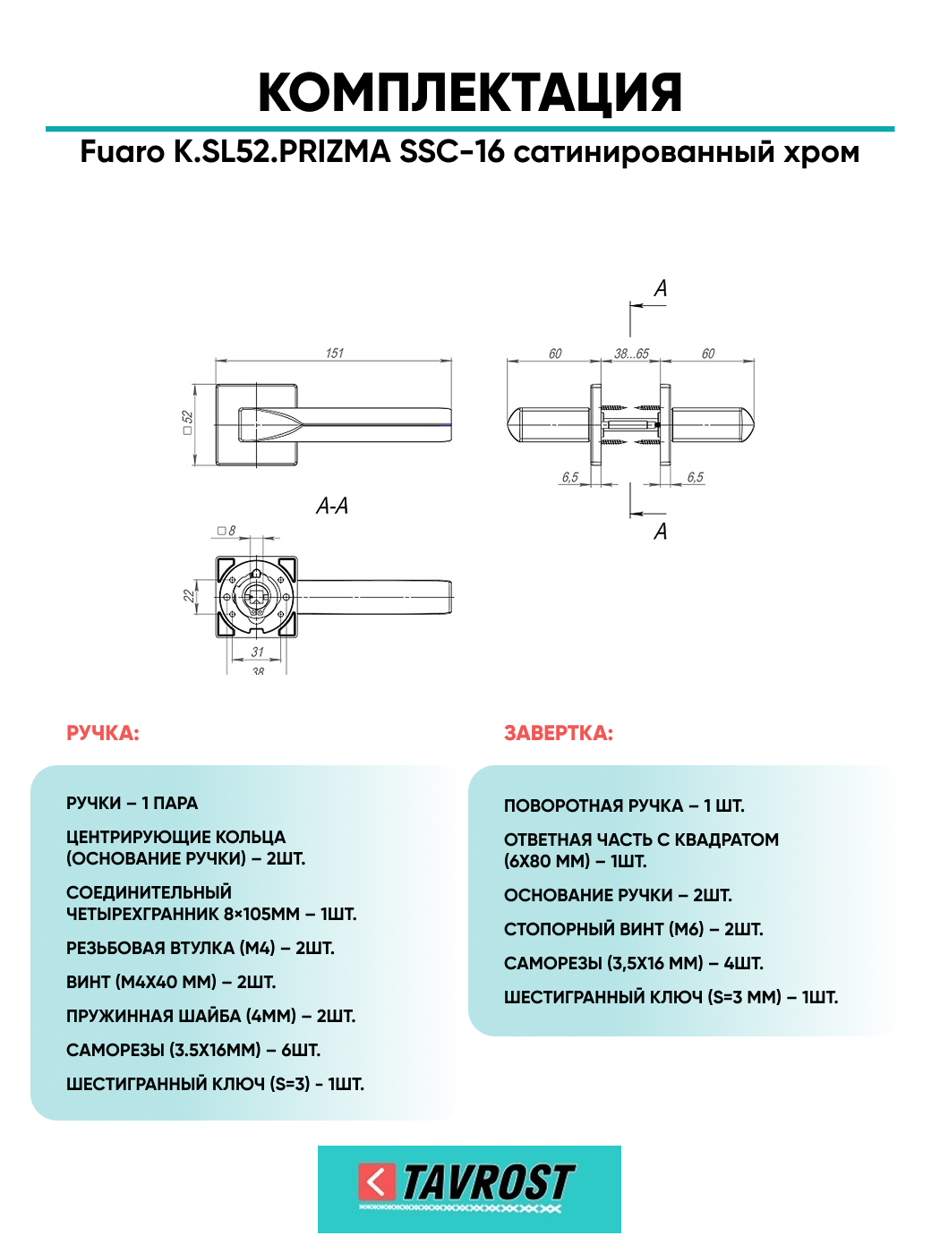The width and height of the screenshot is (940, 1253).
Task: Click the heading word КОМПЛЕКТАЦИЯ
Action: [470, 92]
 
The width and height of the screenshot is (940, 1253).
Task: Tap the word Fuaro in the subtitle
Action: [123, 152]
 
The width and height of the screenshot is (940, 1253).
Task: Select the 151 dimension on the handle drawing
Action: [334, 354]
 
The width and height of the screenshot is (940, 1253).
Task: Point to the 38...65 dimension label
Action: [631, 354]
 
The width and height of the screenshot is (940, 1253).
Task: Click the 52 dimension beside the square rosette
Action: [187, 417]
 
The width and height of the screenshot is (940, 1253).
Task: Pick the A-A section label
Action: [332, 507]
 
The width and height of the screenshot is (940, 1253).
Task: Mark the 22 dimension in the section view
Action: [189, 595]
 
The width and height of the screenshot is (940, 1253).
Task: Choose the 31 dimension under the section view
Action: [258, 652]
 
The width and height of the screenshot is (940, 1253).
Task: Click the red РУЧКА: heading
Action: [103, 734]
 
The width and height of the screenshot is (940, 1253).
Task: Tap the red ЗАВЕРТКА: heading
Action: [559, 734]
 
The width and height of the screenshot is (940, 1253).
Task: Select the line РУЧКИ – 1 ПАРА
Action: [132, 804]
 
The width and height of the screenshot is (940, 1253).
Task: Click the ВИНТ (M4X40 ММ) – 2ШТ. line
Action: [171, 983]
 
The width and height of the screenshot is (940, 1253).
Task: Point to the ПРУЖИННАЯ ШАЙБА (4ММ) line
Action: [210, 1017]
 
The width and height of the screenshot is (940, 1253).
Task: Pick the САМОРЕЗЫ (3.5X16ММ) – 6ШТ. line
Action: [193, 1051]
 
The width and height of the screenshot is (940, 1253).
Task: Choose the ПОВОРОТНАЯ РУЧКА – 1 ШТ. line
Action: [624, 806]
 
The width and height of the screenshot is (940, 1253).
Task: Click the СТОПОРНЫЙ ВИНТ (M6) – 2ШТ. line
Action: [634, 930]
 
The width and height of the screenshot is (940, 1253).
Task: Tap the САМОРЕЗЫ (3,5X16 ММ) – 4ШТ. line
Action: [634, 964]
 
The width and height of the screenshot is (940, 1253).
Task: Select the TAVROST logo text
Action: [488, 1183]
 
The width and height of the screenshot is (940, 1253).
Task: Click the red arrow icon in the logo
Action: [377, 1182]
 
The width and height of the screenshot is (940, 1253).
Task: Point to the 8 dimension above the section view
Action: [231, 531]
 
